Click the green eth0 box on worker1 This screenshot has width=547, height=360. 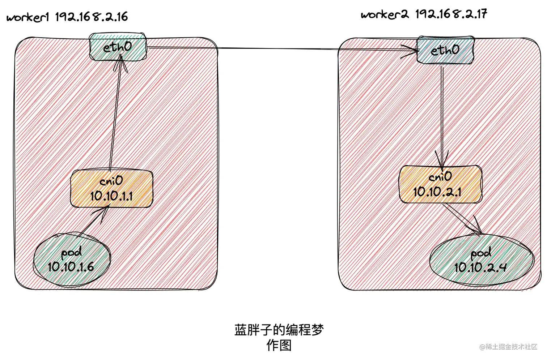point(118,47)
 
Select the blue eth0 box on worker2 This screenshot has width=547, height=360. point(445,50)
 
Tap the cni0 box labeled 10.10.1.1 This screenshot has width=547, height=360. point(111,189)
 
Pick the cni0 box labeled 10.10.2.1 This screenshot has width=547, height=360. point(440,184)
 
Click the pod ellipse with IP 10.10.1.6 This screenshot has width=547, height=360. point(71,260)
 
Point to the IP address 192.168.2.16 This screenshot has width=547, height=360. point(92,17)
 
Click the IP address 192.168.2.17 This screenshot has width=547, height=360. point(451,14)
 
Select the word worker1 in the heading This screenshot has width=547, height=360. point(27,17)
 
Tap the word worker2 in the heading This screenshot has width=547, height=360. point(385,15)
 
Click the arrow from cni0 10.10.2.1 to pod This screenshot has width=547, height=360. point(462,219)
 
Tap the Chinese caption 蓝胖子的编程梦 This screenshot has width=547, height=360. point(279,330)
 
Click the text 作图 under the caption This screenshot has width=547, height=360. point(279,346)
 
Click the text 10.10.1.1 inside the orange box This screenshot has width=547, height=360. point(111,196)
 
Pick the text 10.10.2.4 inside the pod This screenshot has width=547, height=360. point(480,267)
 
